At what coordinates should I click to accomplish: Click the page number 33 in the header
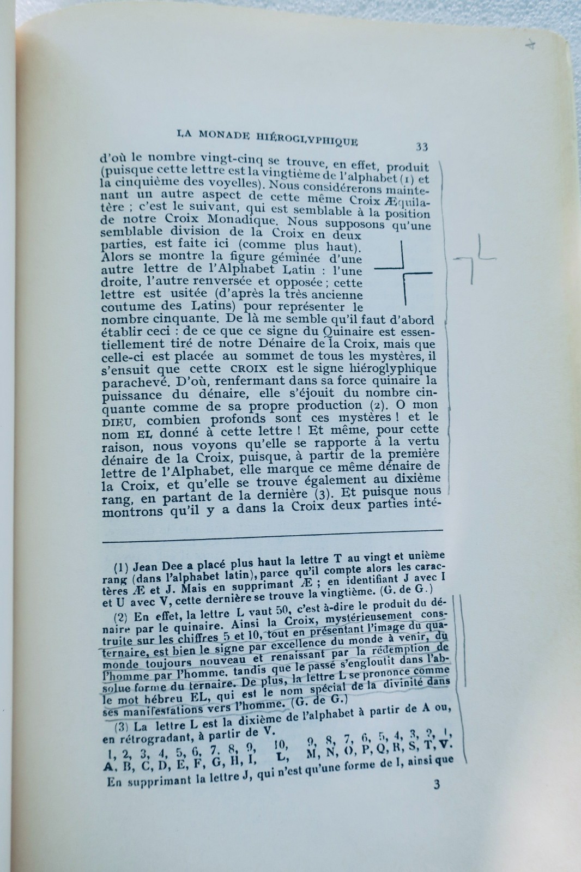tap(421, 146)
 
